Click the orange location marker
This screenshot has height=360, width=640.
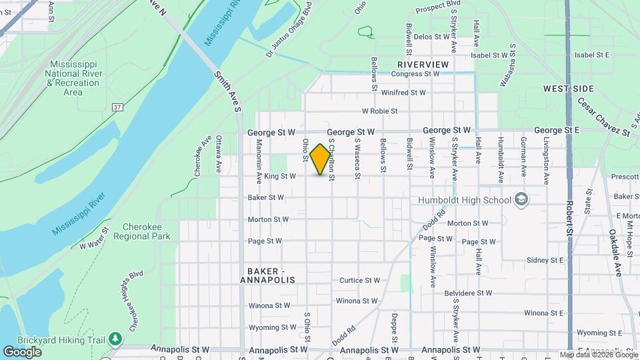point(321,159)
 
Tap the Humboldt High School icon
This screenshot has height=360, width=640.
point(521,199)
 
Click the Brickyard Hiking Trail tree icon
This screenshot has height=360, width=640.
point(116,339)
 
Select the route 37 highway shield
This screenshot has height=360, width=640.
point(117,107)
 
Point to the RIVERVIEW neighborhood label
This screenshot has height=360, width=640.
point(423,64)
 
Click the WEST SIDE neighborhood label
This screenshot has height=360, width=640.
point(568,89)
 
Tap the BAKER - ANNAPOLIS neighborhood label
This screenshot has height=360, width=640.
point(275,276)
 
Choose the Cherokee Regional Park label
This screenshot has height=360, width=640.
point(142,231)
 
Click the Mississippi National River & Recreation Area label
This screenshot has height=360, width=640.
point(73,78)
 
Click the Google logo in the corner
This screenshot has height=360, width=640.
point(22,351)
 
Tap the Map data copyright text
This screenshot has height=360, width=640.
point(599,355)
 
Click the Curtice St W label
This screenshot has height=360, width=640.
point(359,281)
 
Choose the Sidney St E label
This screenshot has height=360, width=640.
point(545,260)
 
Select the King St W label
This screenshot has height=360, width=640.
point(280,177)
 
